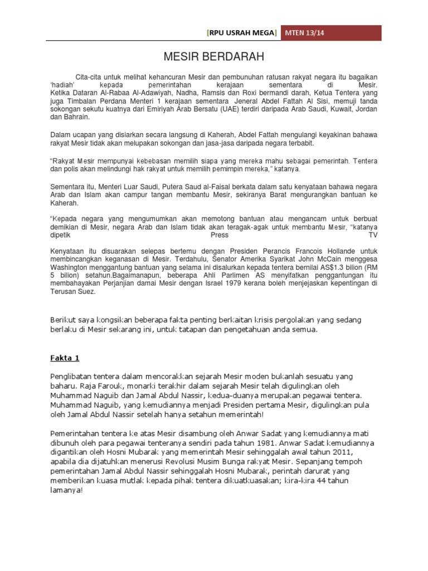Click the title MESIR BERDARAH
(213, 57)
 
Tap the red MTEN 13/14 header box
(331, 33)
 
